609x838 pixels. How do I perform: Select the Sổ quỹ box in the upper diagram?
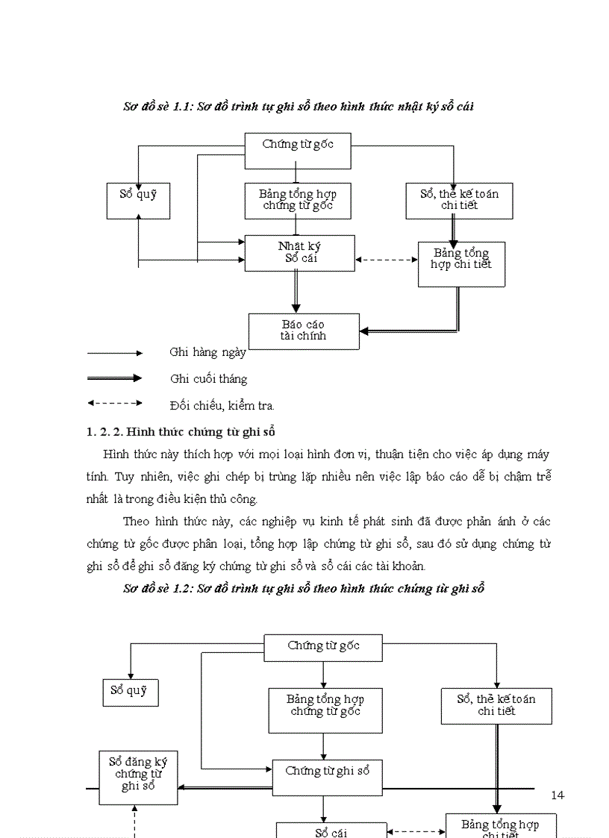(x=138, y=200)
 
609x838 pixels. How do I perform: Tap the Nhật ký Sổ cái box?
(x=299, y=252)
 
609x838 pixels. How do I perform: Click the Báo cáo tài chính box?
(x=304, y=331)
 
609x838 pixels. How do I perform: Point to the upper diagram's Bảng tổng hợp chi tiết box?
(x=461, y=263)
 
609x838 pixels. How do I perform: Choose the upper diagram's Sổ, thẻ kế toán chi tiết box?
(x=459, y=200)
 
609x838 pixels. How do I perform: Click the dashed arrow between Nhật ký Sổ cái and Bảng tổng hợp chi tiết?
(x=386, y=260)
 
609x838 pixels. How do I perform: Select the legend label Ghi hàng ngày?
(x=207, y=352)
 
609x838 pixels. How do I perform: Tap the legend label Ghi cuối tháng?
(x=208, y=379)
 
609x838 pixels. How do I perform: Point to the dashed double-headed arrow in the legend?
(x=115, y=403)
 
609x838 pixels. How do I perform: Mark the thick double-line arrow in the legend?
(x=115, y=378)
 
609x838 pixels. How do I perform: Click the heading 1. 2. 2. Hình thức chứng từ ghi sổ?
(x=182, y=431)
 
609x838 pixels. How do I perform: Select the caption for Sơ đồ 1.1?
(x=299, y=107)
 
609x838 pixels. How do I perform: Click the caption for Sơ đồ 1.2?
(x=304, y=588)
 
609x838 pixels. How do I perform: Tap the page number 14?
(x=558, y=795)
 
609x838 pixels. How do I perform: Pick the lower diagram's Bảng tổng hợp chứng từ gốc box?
(x=325, y=710)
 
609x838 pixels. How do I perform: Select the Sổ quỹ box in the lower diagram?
(x=130, y=692)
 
